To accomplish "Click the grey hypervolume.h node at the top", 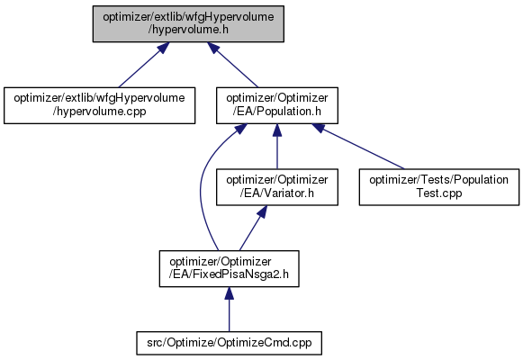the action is tap(188, 23).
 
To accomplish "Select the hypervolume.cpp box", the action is tap(99, 105).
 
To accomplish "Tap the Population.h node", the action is tap(277, 105).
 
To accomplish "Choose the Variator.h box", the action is tap(277, 187).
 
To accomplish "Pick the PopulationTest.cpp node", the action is tap(439, 187).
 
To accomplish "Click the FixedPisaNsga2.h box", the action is tap(229, 269).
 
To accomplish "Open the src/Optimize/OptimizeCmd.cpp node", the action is tap(229, 343).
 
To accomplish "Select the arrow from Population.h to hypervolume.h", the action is tap(233, 65).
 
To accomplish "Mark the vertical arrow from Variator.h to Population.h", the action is tap(277, 147).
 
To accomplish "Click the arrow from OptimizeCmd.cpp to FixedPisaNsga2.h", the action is tap(229, 310).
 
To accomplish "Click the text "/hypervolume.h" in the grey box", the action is tap(188, 30).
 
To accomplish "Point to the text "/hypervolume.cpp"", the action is tap(99, 112).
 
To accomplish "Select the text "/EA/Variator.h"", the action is tap(277, 193).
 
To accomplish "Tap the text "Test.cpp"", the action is tap(439, 193).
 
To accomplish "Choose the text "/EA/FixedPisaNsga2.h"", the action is tap(229, 274).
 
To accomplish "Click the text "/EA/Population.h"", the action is tap(277, 112).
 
